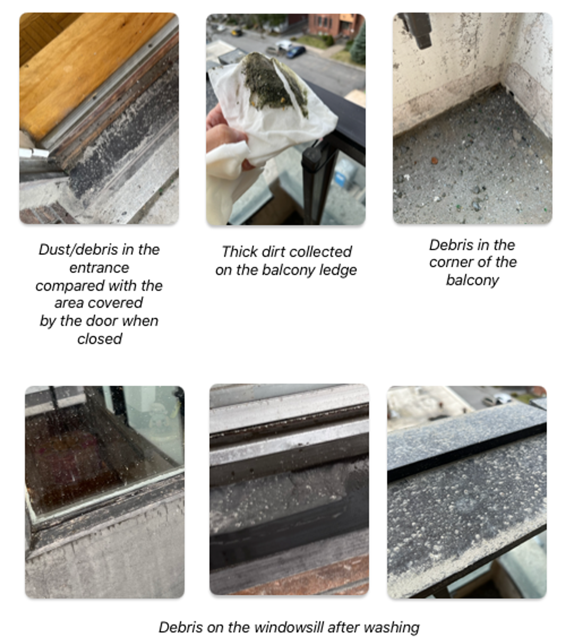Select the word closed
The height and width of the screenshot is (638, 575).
[x=100, y=339]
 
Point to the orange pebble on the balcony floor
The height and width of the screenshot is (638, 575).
[x=435, y=161]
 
